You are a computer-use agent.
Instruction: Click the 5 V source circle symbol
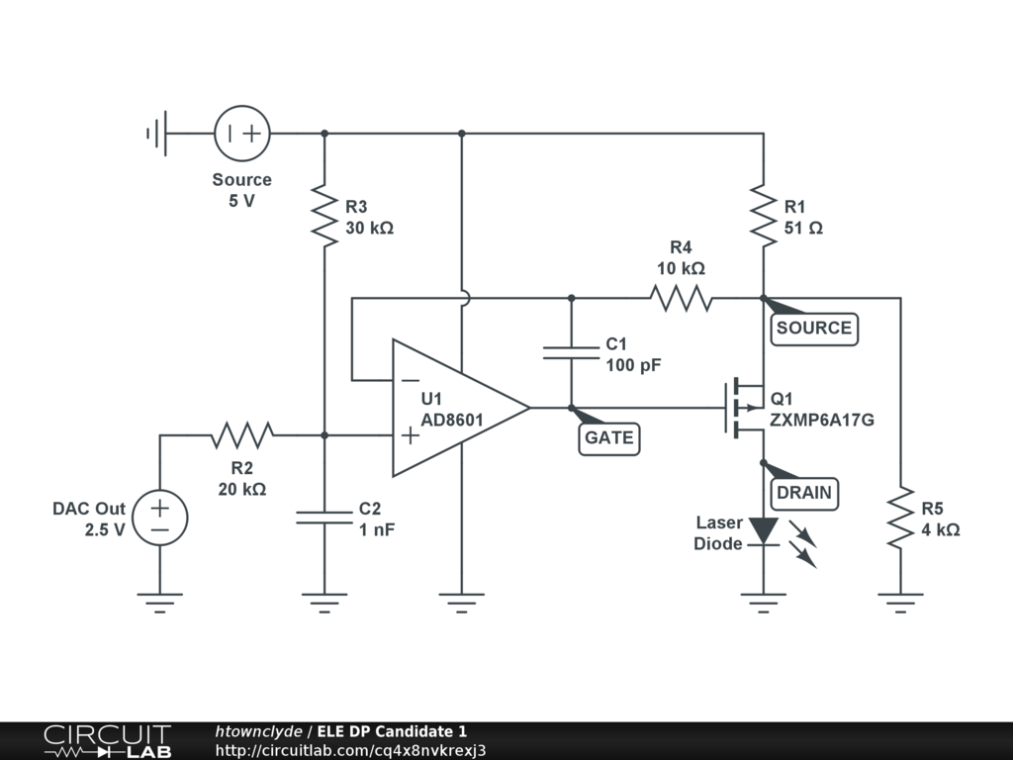(x=242, y=134)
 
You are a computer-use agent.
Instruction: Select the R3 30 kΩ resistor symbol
(x=324, y=215)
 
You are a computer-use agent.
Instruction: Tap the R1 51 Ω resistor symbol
(x=764, y=215)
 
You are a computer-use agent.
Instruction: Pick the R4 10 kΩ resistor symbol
(x=681, y=298)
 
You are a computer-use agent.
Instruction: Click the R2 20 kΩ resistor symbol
(x=242, y=435)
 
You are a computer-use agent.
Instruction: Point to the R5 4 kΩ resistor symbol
(x=900, y=517)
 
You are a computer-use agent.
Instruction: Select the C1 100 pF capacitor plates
(x=571, y=353)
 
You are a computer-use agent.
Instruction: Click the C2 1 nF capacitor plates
(x=324, y=517)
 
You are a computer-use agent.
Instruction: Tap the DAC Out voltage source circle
(x=159, y=518)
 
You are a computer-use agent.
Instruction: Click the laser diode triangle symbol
(x=764, y=531)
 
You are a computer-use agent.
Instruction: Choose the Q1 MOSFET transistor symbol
(x=745, y=408)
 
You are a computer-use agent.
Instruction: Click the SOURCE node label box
(x=814, y=329)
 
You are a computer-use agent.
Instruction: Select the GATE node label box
(x=608, y=438)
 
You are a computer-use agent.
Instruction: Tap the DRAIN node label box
(x=804, y=494)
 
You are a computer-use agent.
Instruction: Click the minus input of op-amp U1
(x=410, y=380)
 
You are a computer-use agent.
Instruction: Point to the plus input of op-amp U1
(x=410, y=435)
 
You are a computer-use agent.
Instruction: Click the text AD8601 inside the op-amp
(x=451, y=420)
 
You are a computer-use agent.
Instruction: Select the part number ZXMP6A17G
(x=822, y=420)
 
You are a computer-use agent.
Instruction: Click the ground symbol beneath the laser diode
(x=764, y=603)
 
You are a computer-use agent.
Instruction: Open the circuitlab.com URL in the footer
(x=350, y=750)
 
